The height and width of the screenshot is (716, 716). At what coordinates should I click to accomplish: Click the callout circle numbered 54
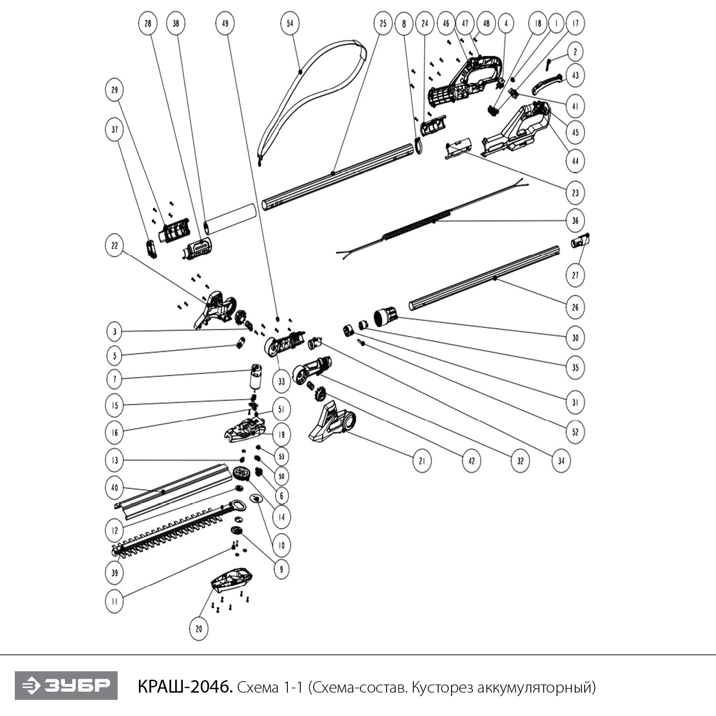pos(290,23)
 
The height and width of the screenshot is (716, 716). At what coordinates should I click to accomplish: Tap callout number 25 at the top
pos(383,23)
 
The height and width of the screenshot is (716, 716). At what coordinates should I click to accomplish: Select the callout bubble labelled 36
pos(575,221)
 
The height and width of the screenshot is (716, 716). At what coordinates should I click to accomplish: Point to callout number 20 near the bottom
pos(199,629)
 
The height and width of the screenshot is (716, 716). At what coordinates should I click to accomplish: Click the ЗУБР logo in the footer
pos(66,686)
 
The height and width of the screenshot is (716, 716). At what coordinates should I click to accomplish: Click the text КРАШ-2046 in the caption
pos(185,687)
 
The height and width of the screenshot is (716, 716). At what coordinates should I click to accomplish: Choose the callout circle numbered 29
pos(115,90)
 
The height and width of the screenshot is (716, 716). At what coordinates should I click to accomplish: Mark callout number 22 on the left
pos(115,246)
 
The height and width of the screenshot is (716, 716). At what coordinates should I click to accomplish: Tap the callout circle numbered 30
pos(575,337)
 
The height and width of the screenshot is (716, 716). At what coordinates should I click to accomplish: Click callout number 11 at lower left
pos(115,601)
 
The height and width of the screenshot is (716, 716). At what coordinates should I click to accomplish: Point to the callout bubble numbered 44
pos(575,161)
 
